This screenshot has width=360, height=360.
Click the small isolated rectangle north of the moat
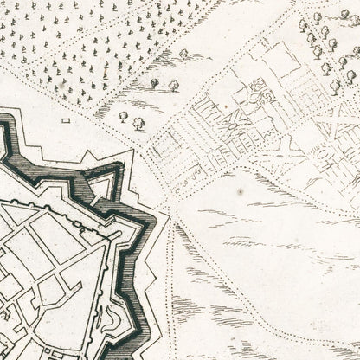(66, 121)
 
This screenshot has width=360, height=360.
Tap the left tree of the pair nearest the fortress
(123, 115)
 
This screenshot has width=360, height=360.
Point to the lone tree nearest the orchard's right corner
(184, 54)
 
